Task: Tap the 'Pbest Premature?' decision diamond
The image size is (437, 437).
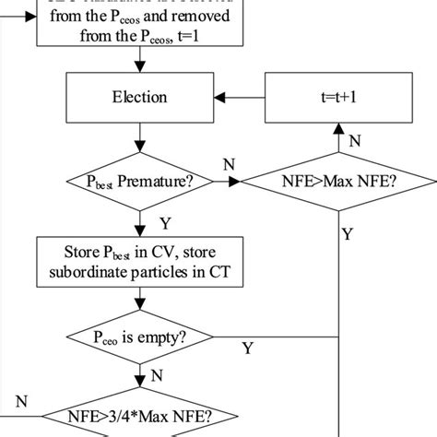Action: pyautogui.click(x=141, y=183)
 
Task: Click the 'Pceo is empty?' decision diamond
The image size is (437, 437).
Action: pyautogui.click(x=141, y=339)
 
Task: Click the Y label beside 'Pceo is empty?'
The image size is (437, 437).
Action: pyautogui.click(x=247, y=348)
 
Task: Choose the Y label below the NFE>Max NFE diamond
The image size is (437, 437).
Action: pyautogui.click(x=347, y=234)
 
